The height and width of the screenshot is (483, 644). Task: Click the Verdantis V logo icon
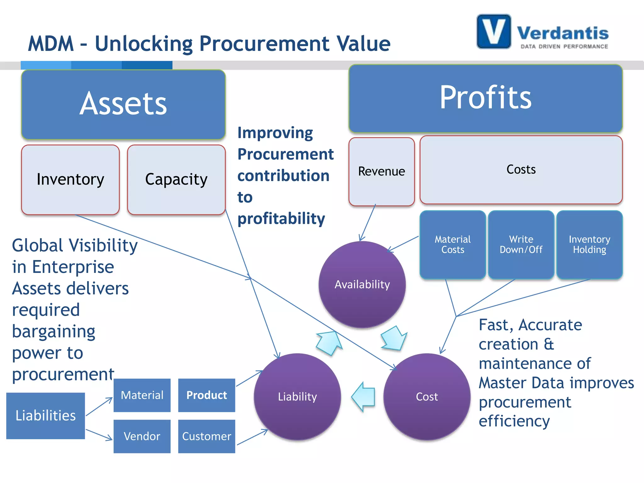pos(493,31)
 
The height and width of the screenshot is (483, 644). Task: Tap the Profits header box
pos(485,98)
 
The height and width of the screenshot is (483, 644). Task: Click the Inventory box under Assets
pos(70,180)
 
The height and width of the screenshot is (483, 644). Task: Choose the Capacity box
pos(176,180)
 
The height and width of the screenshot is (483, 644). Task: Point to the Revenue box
pos(381,171)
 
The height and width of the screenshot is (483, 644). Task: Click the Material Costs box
pos(452,245)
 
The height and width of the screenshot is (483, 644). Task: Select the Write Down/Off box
pos(521,245)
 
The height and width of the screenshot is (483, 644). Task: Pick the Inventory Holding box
pos(589,245)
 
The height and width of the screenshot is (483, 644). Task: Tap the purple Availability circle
pos(362,285)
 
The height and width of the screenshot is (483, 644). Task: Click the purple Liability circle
pos(297,397)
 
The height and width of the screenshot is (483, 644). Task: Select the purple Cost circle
pos(427,397)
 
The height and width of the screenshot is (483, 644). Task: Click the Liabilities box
pos(46,415)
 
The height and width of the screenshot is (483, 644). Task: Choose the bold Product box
pos(207,395)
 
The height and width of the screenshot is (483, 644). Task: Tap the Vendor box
pos(142,436)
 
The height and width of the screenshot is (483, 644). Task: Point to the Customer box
pos(207,436)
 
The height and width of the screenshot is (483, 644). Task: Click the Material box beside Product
pos(142,395)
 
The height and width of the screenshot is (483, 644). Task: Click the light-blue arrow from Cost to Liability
pos(364,397)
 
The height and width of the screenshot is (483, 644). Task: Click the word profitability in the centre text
pos(281,219)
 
